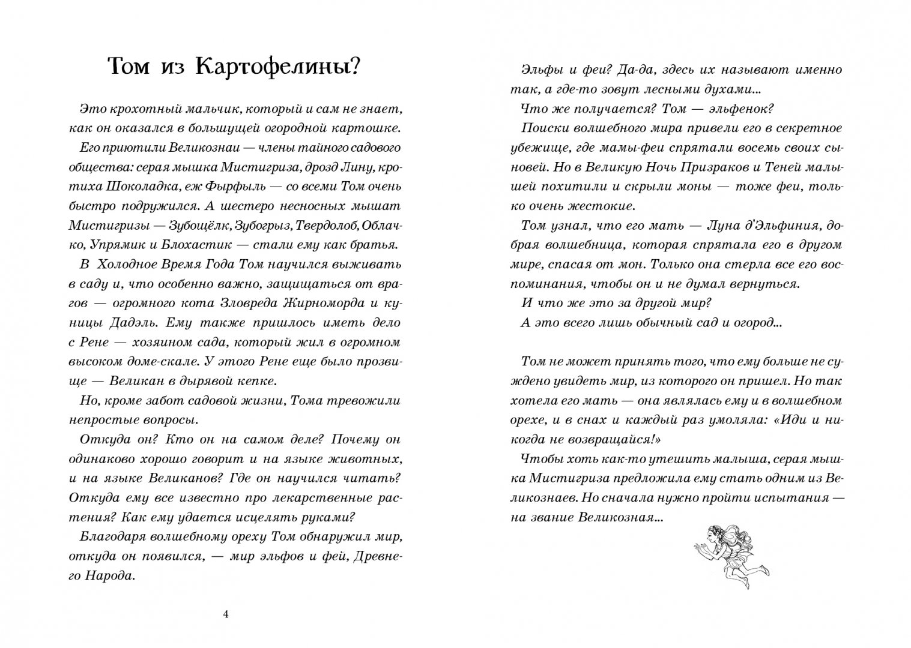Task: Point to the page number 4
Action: (226, 614)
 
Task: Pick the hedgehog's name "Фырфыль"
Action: (219, 186)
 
